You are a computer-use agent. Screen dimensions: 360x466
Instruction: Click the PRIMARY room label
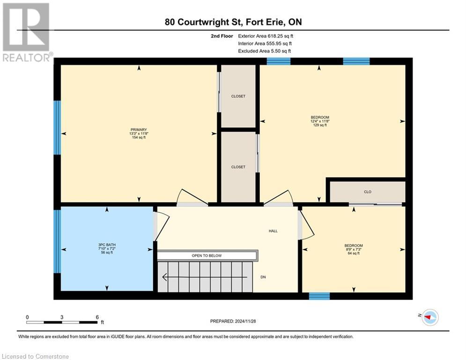tap(139, 129)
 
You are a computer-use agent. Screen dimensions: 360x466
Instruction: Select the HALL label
tap(273, 231)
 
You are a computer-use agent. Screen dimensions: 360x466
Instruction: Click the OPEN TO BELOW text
tap(207, 255)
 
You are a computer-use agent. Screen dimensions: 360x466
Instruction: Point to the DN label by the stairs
tap(263, 277)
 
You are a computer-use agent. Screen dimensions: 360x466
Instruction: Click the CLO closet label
tap(368, 192)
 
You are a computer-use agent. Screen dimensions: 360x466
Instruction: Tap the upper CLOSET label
tap(238, 96)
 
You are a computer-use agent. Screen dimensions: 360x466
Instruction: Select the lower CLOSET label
tap(238, 167)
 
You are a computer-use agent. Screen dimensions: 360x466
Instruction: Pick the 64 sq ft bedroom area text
tap(353, 254)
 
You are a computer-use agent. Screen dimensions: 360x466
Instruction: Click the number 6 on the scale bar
tap(96, 317)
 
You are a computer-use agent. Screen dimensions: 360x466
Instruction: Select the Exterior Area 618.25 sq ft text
tap(266, 36)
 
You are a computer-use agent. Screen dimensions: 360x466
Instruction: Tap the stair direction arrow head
tap(164, 277)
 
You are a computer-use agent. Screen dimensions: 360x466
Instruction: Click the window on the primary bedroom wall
tap(57, 127)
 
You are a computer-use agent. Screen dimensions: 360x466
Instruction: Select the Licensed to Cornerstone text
tap(36, 357)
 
